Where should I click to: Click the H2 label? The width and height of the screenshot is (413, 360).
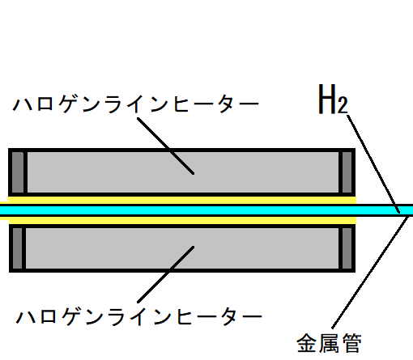(333, 99)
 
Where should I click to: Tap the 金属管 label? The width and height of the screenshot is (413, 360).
(329, 343)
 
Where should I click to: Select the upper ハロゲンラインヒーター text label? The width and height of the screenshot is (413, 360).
(136, 104)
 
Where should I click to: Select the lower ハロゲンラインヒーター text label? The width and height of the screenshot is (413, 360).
(139, 316)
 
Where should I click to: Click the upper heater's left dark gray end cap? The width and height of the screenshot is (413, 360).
(18, 172)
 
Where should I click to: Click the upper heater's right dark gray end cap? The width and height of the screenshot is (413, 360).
(347, 172)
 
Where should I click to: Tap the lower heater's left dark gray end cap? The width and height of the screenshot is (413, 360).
(17, 248)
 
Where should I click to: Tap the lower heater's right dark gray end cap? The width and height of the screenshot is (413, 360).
(347, 248)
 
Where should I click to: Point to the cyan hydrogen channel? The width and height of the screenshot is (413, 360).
(206, 210)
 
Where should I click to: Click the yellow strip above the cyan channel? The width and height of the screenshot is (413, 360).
(182, 200)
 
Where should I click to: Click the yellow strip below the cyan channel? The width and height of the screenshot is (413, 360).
(182, 220)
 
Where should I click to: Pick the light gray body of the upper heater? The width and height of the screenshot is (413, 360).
(183, 172)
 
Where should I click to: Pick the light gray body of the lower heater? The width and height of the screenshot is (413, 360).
(182, 248)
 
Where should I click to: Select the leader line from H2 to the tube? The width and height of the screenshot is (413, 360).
(373, 164)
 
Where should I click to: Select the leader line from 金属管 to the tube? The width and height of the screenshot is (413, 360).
(370, 272)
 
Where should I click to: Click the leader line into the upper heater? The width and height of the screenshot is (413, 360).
(165, 146)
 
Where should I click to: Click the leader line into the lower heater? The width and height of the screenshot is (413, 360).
(165, 274)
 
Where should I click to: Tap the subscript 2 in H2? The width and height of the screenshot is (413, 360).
(343, 105)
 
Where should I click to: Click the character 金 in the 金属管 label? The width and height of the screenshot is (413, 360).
(307, 343)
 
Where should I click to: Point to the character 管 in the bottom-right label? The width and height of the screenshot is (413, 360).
(351, 343)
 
